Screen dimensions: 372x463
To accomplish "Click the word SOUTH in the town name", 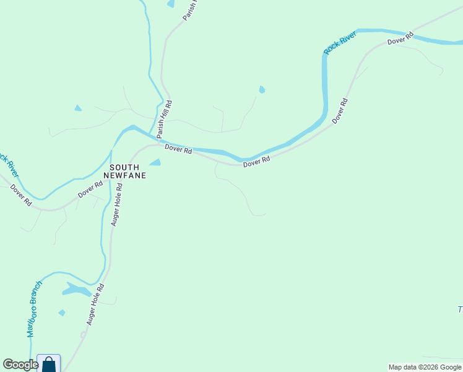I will (x=123, y=167).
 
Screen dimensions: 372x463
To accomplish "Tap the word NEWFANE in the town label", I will (x=128, y=175).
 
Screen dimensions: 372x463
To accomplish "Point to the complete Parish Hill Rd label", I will (x=163, y=119).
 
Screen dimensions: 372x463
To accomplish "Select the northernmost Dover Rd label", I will (x=400, y=39).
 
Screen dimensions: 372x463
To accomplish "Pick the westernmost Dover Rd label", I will (x=21, y=195).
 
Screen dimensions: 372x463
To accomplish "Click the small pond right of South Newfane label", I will (x=155, y=162).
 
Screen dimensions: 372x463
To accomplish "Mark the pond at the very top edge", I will (x=171, y=4).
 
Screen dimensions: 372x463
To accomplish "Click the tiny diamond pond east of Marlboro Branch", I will (x=61, y=312).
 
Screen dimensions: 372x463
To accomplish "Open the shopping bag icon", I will (x=49, y=364).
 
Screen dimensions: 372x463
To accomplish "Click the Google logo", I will (x=20, y=365).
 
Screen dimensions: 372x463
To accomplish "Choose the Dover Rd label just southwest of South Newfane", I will (x=90, y=190).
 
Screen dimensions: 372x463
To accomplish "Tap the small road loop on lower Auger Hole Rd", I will (x=83, y=334).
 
